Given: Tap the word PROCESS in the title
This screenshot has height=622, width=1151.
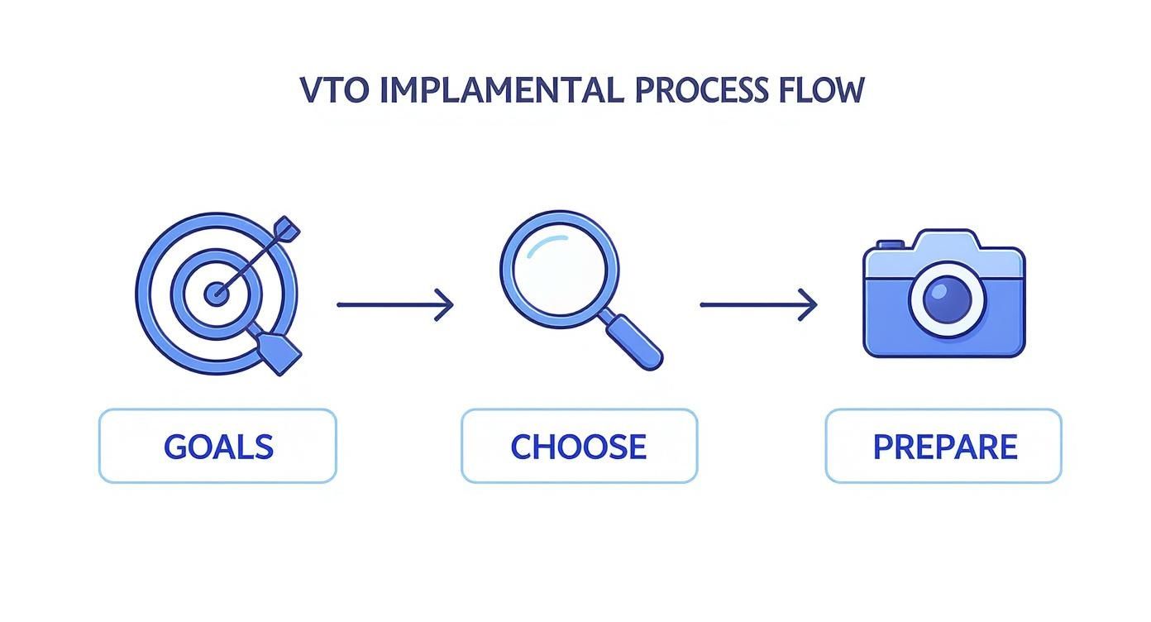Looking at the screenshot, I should pyautogui.click(x=702, y=89).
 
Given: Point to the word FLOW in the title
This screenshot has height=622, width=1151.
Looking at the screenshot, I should pyautogui.click(x=821, y=89).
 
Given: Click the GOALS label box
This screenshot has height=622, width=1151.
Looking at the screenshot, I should pyautogui.click(x=217, y=446).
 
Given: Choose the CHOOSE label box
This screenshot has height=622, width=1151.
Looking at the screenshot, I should pyautogui.click(x=579, y=446).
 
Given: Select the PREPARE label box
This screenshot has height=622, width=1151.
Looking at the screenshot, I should pyautogui.click(x=943, y=446).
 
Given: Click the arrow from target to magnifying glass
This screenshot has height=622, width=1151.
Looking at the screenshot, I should pyautogui.click(x=394, y=304).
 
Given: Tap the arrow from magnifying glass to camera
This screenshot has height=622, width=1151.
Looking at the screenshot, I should pyautogui.click(x=757, y=304).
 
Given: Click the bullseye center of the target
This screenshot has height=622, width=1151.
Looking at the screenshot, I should pyautogui.click(x=217, y=293).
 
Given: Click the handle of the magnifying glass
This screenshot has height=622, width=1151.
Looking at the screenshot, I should pyautogui.click(x=635, y=342).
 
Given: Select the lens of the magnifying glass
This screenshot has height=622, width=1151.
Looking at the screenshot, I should pyautogui.click(x=559, y=269).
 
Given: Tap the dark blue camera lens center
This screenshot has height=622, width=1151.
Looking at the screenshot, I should pyautogui.click(x=947, y=299).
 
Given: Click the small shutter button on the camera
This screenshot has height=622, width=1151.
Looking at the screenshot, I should pyautogui.click(x=890, y=244).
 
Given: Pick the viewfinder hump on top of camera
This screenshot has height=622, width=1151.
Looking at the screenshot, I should pyautogui.click(x=947, y=241).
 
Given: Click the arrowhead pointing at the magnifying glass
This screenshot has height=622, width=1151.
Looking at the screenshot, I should pyautogui.click(x=446, y=304).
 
